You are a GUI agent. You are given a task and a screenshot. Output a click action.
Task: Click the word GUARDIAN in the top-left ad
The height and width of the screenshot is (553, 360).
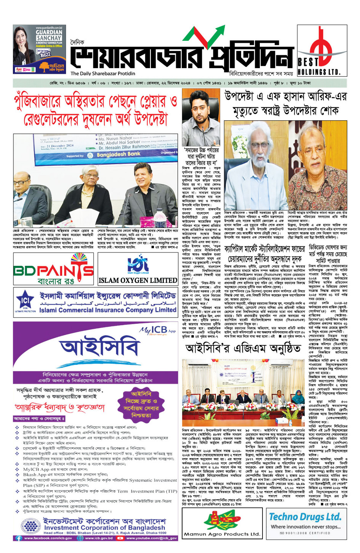tap(49, 32)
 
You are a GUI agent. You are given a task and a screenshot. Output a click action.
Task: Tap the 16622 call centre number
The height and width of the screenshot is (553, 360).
tap(45, 54)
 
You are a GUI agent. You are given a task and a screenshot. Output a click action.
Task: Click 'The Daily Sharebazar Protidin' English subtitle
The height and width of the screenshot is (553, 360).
tap(103, 74)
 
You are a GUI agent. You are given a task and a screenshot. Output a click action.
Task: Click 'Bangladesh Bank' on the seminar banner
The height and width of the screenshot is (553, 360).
tap(118, 154)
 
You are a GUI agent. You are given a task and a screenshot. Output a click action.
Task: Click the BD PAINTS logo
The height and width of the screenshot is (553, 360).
tap(53, 270)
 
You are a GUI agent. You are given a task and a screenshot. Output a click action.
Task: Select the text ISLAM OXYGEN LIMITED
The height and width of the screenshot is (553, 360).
tap(138, 280)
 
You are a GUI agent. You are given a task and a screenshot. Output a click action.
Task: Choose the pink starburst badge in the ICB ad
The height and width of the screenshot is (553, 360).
tap(141, 404)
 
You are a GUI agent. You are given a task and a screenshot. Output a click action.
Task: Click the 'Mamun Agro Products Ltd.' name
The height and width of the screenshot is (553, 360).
tap(221, 534)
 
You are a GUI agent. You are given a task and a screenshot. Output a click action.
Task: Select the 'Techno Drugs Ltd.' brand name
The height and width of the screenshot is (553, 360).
tap(305, 517)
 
